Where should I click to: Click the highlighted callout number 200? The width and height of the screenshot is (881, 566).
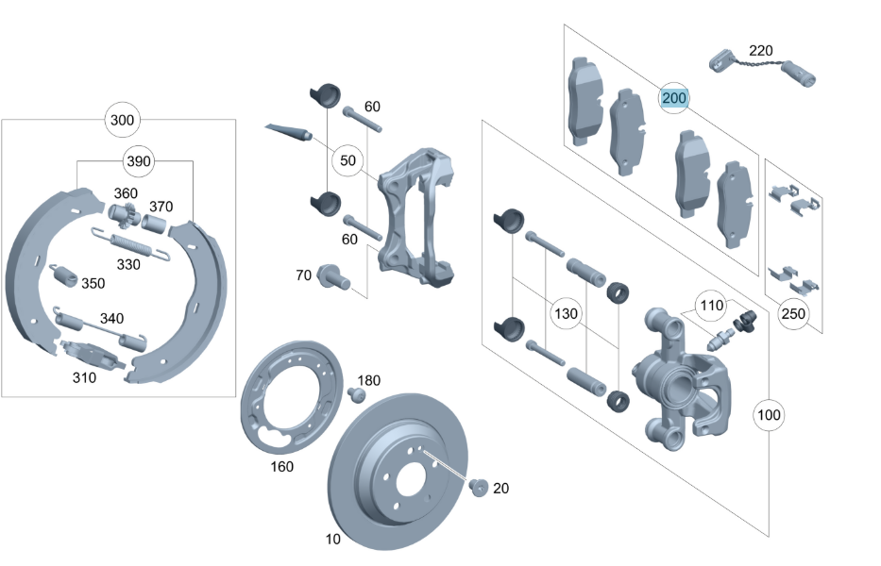coord(674,97)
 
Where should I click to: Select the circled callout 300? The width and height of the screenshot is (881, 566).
coord(123,120)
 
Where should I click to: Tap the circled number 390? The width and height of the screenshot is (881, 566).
coord(139,161)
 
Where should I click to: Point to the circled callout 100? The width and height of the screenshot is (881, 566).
coord(770,414)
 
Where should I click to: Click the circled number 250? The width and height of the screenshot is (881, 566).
coord(794,312)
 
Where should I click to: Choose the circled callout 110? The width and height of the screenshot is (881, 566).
coord(711,305)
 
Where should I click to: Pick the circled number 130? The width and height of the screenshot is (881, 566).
coord(565,312)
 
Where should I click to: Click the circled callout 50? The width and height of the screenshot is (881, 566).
coord(348,161)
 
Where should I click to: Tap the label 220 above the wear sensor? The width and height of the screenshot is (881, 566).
coord(760,50)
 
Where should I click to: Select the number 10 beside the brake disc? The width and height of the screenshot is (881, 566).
coord(332,540)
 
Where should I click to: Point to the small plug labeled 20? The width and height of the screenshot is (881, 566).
coord(478,487)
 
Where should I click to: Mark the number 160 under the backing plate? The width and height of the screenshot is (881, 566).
coord(281,466)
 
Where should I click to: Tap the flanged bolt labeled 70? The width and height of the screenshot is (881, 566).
coord(333,276)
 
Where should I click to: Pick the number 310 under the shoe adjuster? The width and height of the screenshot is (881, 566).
coord(84,378)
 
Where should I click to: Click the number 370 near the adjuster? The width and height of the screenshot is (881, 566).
coord(161,207)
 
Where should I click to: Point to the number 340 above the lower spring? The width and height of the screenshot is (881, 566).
coord(111,318)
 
